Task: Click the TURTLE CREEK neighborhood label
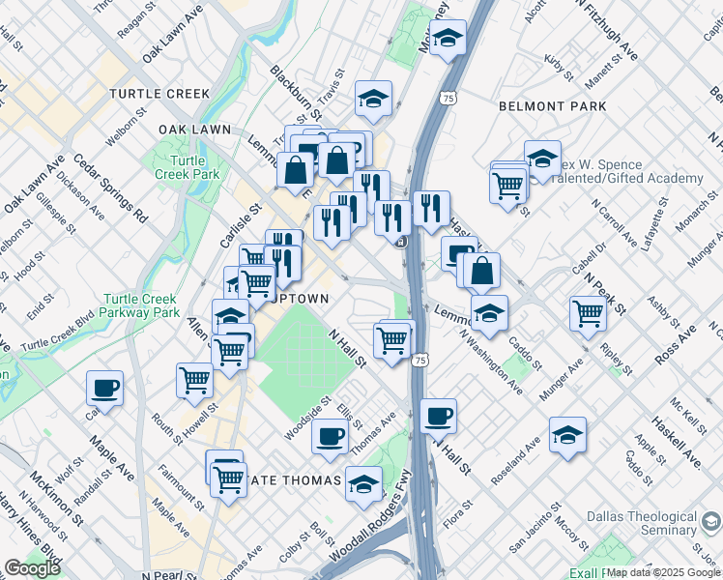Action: pos(159,94)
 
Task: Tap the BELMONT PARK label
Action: pos(551,106)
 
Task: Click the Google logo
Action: pos(32,568)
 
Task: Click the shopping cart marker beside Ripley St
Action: pos(588,313)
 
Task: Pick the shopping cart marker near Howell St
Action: pos(195,380)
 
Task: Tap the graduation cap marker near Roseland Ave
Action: pos(567,435)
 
